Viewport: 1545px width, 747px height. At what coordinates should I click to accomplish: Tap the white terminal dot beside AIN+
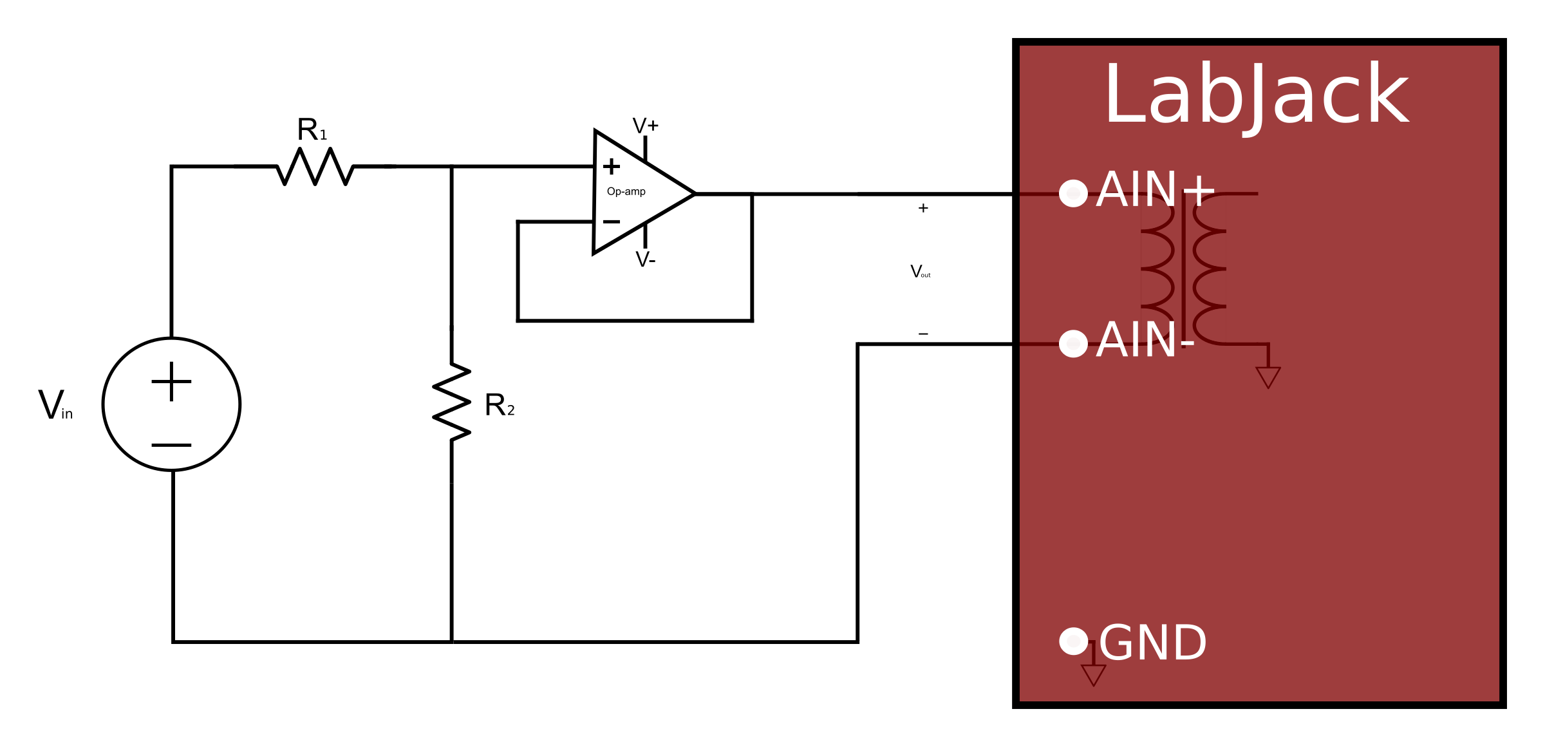[x=1073, y=193]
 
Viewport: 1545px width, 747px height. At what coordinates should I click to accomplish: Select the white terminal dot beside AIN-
[x=1073, y=343]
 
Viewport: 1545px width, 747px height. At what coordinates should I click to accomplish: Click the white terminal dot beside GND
[x=1073, y=641]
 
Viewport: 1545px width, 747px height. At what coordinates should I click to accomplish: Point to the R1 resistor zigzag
[x=315, y=167]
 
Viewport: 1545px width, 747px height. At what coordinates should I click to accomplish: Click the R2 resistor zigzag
[x=452, y=402]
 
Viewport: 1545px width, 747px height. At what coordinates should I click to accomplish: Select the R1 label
[x=312, y=130]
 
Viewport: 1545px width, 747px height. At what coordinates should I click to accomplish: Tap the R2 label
[x=500, y=406]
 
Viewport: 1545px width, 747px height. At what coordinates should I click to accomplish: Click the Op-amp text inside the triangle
[x=626, y=191]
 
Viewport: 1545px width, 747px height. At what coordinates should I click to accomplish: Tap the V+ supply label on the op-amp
[x=645, y=126]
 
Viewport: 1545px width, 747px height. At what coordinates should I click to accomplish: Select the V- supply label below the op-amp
[x=645, y=260]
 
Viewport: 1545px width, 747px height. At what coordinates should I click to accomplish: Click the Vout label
[x=920, y=272]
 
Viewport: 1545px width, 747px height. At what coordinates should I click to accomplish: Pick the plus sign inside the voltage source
[x=171, y=381]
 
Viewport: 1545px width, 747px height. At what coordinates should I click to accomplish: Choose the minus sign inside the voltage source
[x=171, y=445]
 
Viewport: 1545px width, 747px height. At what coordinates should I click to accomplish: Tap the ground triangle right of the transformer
[x=1268, y=376]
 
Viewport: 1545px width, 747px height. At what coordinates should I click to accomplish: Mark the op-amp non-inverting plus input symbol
[x=611, y=167]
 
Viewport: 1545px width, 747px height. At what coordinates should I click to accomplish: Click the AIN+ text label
[x=1155, y=190]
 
